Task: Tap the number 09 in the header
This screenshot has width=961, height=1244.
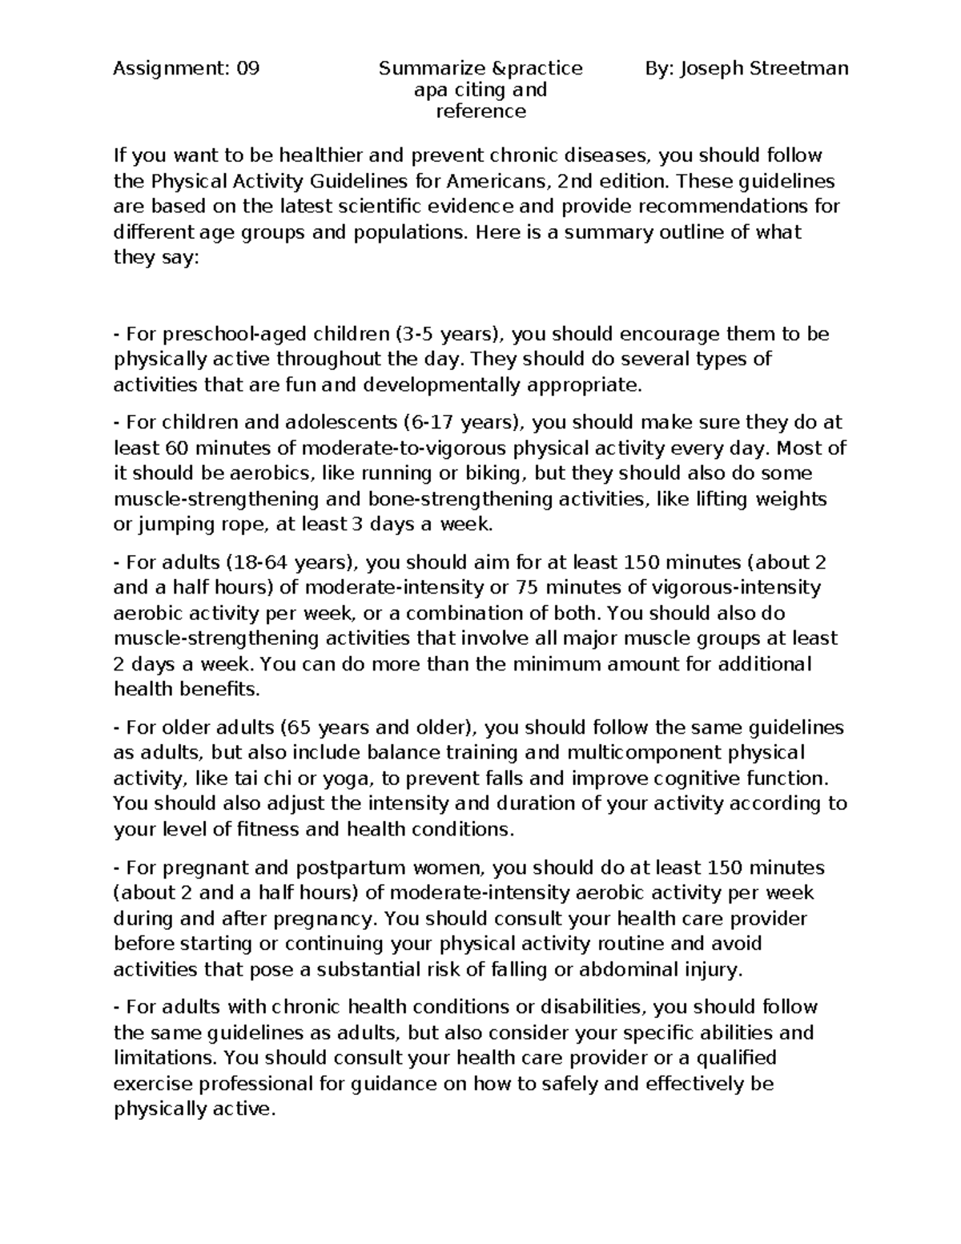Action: [x=247, y=69]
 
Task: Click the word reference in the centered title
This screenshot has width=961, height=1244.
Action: [x=480, y=111]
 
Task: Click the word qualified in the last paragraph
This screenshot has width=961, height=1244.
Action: [x=735, y=1058]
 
